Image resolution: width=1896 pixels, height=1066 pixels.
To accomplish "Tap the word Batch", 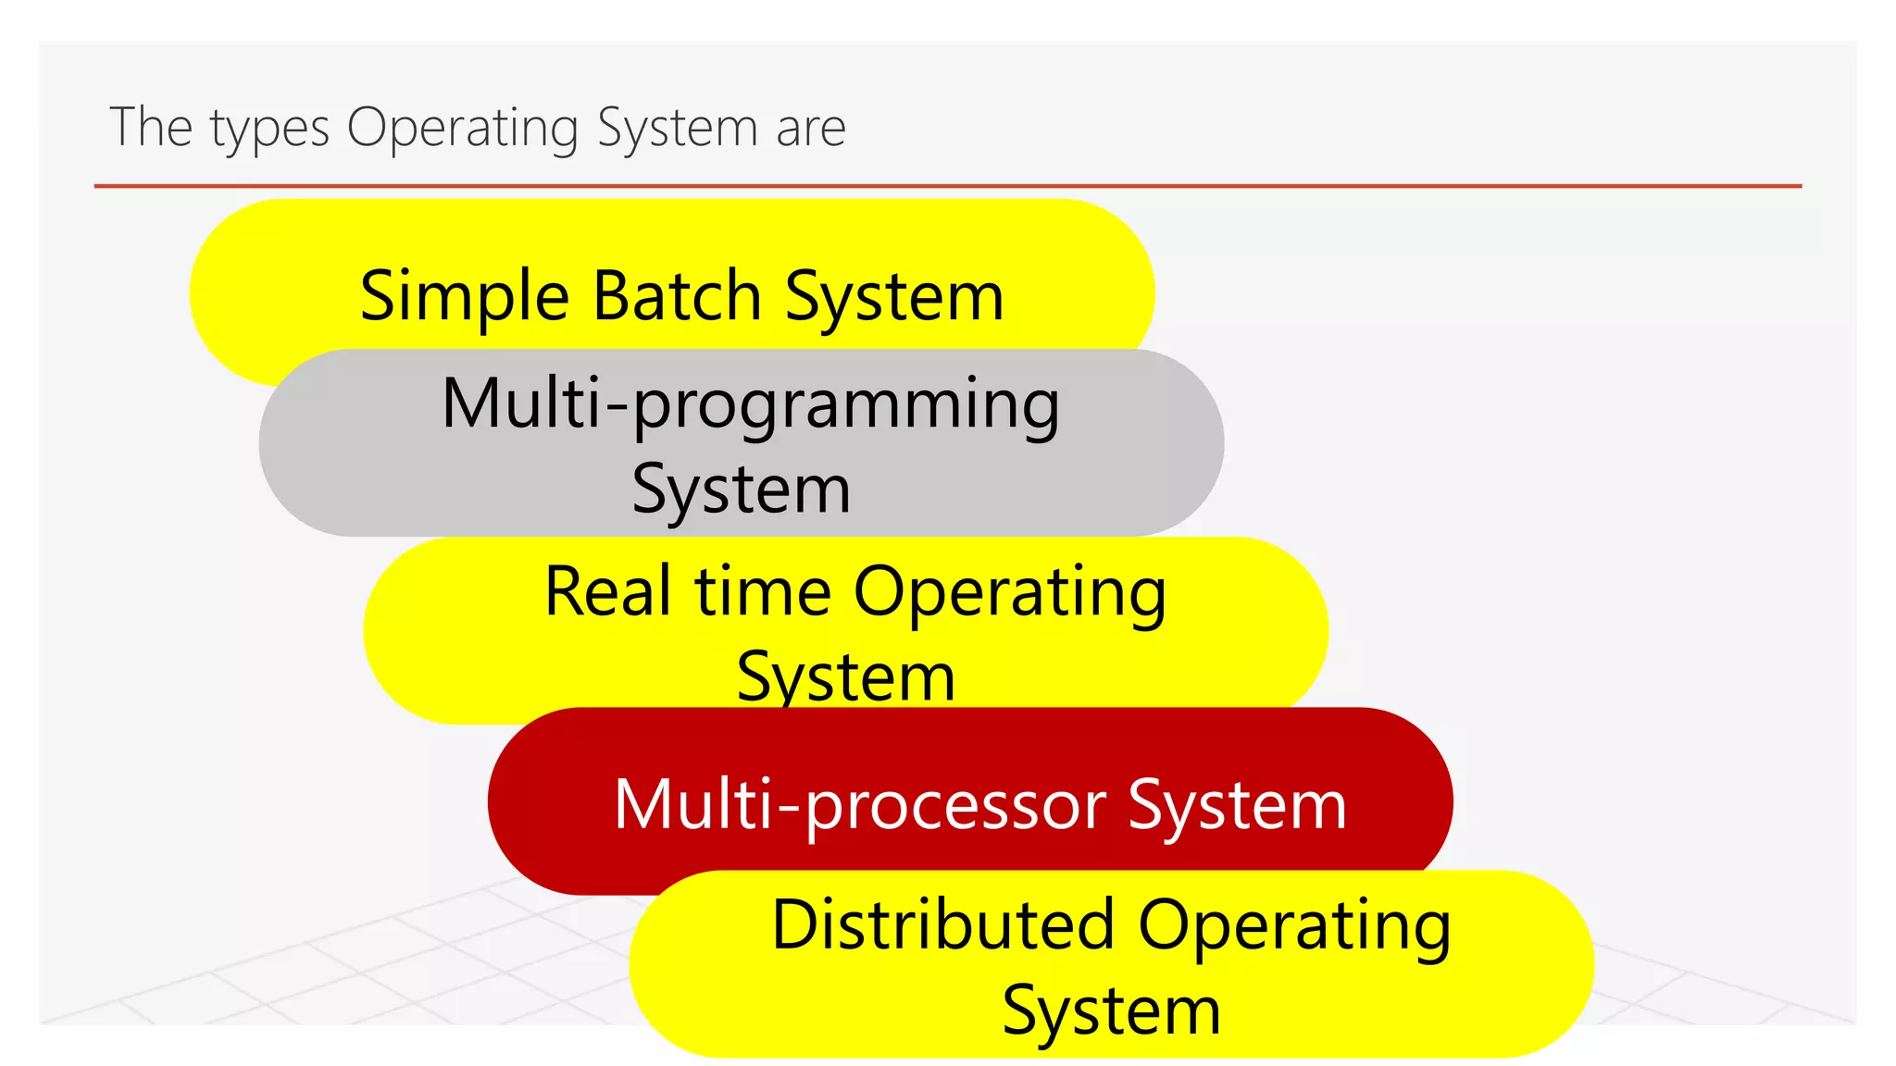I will click(x=677, y=296).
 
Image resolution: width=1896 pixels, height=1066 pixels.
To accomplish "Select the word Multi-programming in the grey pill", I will click(x=750, y=404).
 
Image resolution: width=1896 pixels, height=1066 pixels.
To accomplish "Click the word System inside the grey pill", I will click(x=741, y=490).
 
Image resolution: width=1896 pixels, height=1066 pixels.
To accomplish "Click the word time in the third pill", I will click(x=763, y=592).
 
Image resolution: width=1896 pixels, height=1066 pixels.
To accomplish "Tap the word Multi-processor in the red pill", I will click(x=859, y=805).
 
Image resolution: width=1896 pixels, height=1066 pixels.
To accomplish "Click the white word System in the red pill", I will click(x=1237, y=805).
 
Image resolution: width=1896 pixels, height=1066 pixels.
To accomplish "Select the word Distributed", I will click(x=942, y=925).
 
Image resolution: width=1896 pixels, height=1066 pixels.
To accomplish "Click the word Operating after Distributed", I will click(x=1294, y=925).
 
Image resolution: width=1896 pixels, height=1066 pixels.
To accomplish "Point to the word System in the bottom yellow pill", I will click(x=1111, y=1010).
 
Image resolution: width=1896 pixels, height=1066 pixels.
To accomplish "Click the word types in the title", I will click(x=269, y=129).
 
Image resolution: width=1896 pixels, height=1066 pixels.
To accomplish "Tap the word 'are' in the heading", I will click(x=811, y=129).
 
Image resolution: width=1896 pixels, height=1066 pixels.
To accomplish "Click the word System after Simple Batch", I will click(x=894, y=296).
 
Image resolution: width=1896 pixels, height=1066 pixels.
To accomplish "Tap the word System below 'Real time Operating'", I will click(x=845, y=676).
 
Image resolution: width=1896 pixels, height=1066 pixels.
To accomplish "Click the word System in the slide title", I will click(x=678, y=129).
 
